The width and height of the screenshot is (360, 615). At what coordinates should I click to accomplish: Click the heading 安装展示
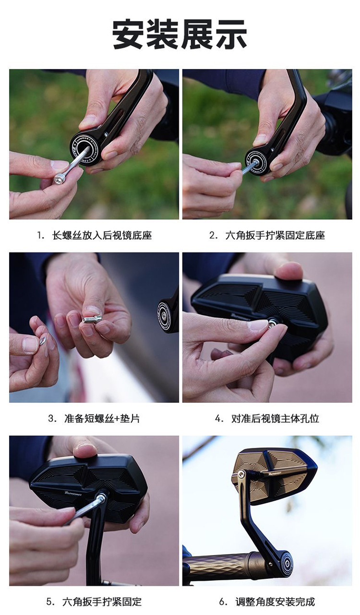[x=180, y=35]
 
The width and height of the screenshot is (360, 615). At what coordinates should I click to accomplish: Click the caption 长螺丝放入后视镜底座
[x=102, y=236]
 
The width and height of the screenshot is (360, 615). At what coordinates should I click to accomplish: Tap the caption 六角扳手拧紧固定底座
[x=275, y=236]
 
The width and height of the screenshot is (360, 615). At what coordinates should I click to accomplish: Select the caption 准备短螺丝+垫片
[x=102, y=419]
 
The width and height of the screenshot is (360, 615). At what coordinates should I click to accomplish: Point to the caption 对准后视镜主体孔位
[x=275, y=419]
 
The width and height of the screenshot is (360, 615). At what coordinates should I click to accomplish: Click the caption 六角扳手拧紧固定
[x=102, y=602]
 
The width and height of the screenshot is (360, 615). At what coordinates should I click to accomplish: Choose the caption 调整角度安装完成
[x=275, y=602]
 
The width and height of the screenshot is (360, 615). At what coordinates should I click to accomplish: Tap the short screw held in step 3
[x=92, y=319]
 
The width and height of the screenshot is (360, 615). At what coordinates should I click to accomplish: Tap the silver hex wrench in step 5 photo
[x=84, y=509]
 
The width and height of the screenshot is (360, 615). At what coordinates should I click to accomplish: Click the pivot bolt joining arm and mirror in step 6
[x=241, y=474]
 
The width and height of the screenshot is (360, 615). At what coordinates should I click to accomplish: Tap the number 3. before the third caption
[x=52, y=419]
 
